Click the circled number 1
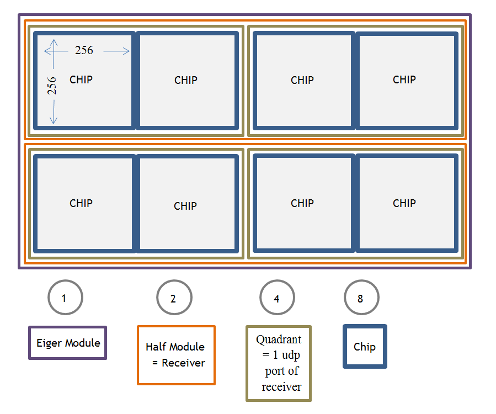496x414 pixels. pos(65,298)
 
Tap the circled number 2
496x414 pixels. pos(174,298)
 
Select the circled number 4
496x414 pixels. pos(277,298)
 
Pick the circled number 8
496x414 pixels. pos(361,298)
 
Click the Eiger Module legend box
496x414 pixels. pos(68,343)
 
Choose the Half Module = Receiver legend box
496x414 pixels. pos(175,355)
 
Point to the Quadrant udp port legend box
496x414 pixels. pos(279,363)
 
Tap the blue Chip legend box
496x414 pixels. pos(365,347)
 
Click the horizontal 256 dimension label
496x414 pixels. pos(84,50)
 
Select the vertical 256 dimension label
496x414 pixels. pos(52,86)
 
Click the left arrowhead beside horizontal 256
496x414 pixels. pos(47,51)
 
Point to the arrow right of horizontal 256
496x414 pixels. pos(116,51)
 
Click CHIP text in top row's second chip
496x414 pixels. pos(186,80)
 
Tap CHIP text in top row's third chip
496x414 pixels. pos(302,80)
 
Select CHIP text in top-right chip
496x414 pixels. pos(404,79)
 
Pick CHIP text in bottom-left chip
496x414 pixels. pos(81,203)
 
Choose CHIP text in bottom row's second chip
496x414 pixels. pos(185,206)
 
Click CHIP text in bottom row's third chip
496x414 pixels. pos(302,203)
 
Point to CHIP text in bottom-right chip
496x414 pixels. pos(404,203)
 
